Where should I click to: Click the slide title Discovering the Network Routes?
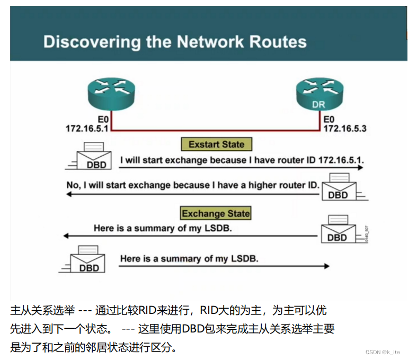pyautogui.click(x=175, y=42)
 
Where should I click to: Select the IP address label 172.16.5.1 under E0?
pyautogui.click(x=87, y=129)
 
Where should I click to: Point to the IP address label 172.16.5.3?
pyautogui.click(x=344, y=129)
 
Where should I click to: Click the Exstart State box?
pyautogui.click(x=216, y=144)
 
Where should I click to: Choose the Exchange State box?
pyautogui.click(x=216, y=213)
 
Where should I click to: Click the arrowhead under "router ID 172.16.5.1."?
pyautogui.click(x=360, y=168)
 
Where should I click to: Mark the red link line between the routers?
pyautogui.click(x=216, y=130)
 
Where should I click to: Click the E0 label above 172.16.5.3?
pyautogui.click(x=329, y=120)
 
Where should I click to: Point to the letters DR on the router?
pyautogui.click(x=318, y=105)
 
